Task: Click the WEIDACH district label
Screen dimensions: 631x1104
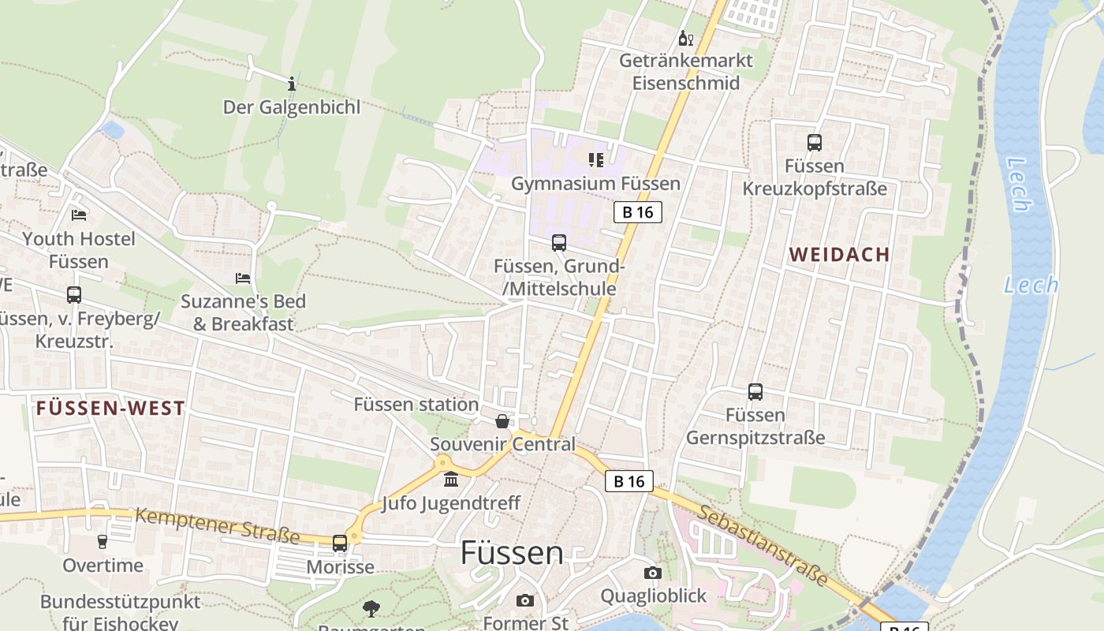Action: (839, 255)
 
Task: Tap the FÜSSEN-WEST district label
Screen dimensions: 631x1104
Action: (110, 409)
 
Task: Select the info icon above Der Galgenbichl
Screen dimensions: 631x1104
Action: (292, 84)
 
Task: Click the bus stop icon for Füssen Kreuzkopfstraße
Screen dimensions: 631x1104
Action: (815, 143)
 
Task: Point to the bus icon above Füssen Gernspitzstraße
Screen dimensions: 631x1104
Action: (755, 391)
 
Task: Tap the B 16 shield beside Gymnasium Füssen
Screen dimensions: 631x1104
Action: (637, 211)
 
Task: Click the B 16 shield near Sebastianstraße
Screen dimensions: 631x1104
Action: (629, 481)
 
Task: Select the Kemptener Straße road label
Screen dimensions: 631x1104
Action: (217, 526)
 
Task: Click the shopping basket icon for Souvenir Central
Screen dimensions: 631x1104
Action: (502, 421)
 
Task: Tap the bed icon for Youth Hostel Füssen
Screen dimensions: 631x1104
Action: (79, 215)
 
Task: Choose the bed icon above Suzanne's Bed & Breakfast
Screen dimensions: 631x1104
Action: (243, 278)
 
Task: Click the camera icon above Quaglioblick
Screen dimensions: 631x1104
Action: (653, 573)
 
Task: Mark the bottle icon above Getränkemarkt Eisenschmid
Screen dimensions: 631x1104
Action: (685, 38)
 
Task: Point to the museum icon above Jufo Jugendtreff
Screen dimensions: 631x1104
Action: (451, 480)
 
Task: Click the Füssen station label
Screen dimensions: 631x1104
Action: (416, 405)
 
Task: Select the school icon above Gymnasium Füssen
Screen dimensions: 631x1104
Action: (595, 160)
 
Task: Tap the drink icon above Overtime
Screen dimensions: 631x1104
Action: (102, 542)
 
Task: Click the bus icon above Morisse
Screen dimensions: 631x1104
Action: (340, 543)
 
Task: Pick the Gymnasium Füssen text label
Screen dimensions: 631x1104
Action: (595, 184)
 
